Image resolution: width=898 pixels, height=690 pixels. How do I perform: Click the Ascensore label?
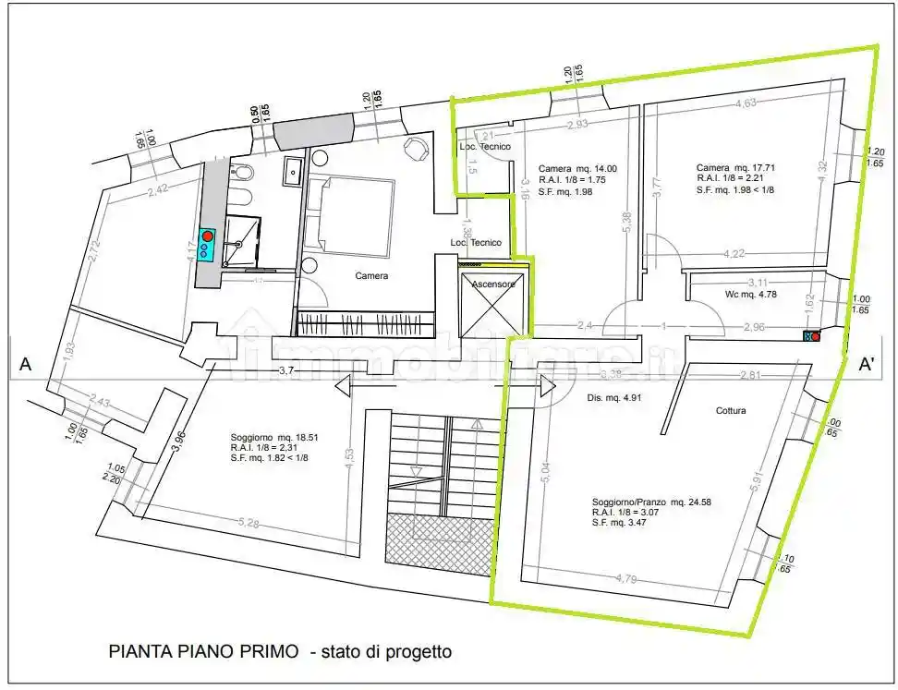493,284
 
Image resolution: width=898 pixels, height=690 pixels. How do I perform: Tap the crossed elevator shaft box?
493,305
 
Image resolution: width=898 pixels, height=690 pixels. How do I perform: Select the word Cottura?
730,410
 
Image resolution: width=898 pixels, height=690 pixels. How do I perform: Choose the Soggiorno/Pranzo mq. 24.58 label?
651,503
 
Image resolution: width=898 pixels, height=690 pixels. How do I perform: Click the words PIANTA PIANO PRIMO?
203,651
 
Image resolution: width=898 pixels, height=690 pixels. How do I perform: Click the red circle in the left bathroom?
208,236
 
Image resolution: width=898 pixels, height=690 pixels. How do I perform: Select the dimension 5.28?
249,523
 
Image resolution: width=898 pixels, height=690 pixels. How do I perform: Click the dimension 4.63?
745,103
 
